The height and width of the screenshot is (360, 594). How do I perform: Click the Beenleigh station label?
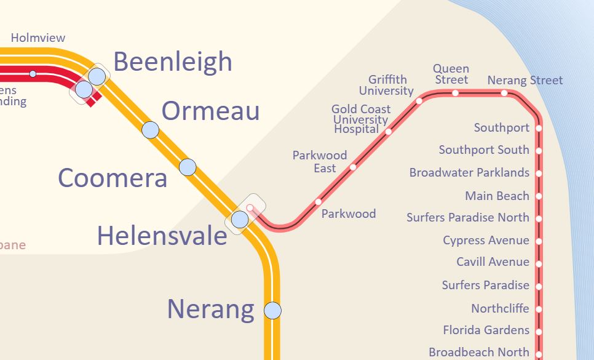(x=173, y=62)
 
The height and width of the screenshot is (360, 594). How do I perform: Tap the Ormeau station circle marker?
(x=150, y=130)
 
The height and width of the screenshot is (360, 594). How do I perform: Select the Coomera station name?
(x=113, y=178)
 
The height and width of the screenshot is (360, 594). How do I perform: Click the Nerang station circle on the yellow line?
(x=272, y=310)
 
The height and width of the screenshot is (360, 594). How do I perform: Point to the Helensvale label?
(x=162, y=236)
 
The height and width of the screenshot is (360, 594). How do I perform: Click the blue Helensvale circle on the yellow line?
(x=239, y=219)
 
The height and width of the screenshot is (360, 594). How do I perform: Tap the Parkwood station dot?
(x=318, y=202)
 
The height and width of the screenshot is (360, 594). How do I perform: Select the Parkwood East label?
(x=320, y=162)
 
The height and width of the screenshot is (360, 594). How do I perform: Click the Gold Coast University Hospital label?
(x=360, y=119)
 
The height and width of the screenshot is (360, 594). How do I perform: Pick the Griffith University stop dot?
(x=419, y=101)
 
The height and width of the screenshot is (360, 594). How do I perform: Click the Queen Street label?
(x=451, y=74)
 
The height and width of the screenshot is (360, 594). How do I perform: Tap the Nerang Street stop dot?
(x=504, y=94)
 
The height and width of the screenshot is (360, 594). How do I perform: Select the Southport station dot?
(x=539, y=129)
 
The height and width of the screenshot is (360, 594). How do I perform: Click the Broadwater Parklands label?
(x=469, y=173)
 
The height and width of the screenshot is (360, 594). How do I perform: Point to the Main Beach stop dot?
(x=539, y=196)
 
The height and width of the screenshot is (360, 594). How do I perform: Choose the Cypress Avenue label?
(x=486, y=240)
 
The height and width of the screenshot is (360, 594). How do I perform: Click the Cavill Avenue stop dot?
(x=539, y=264)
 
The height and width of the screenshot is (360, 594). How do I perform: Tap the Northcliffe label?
(x=500, y=308)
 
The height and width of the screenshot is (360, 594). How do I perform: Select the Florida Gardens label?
(x=486, y=330)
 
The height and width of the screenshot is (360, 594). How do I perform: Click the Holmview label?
(x=38, y=38)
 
